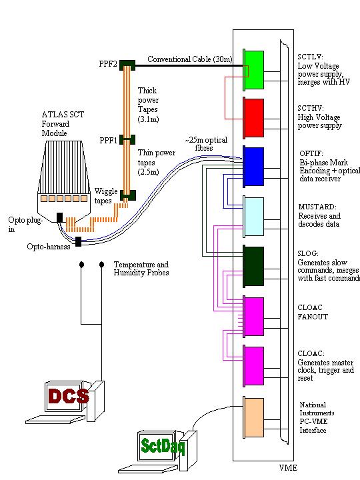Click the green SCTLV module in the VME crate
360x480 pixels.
coord(254,70)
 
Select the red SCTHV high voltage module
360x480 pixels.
coord(254,117)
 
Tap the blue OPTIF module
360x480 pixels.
coord(254,166)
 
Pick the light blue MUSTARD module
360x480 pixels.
coord(254,217)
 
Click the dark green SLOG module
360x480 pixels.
coord(254,266)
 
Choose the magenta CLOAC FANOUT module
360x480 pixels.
coord(254,317)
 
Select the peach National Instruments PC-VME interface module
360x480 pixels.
coord(254,417)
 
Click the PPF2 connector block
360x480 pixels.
coord(127,65)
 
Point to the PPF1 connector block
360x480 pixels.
coord(127,139)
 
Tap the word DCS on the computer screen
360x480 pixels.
coord(68,396)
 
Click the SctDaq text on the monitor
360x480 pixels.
coord(163,446)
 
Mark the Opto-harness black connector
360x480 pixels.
coord(79,241)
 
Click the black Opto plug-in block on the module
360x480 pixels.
coord(60,217)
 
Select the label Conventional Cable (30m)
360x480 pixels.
coord(190,59)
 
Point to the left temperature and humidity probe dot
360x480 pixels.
coord(81,264)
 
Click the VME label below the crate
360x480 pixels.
coord(288,468)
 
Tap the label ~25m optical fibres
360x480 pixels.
coord(206,144)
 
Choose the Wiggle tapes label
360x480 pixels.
coord(105,196)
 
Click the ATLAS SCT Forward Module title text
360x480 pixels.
coord(63,124)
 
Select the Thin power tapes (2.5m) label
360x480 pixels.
coord(157,162)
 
